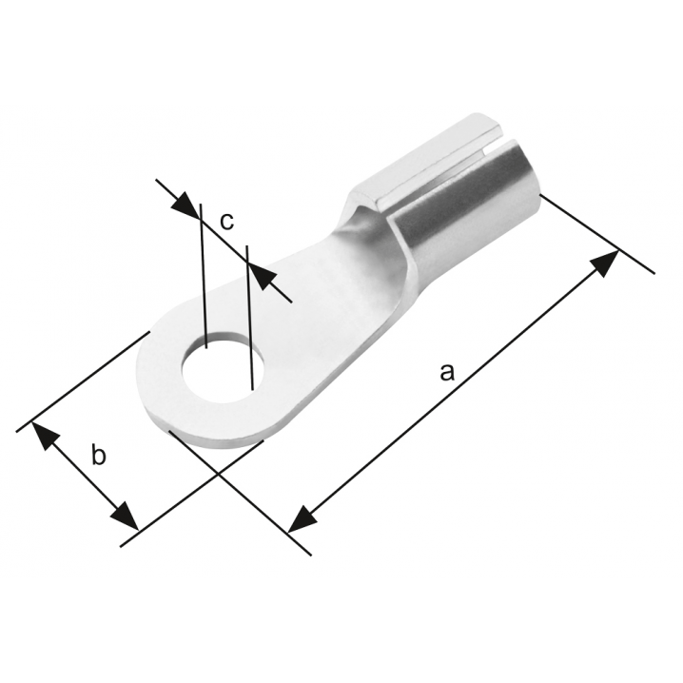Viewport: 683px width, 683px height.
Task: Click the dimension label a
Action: [447, 373]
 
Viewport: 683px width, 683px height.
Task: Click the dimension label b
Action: [98, 455]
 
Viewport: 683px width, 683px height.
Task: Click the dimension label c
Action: [227, 222]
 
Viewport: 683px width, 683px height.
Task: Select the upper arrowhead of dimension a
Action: [605, 263]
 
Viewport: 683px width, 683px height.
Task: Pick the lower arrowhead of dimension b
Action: [125, 516]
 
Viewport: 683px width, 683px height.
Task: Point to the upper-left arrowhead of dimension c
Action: [185, 205]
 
